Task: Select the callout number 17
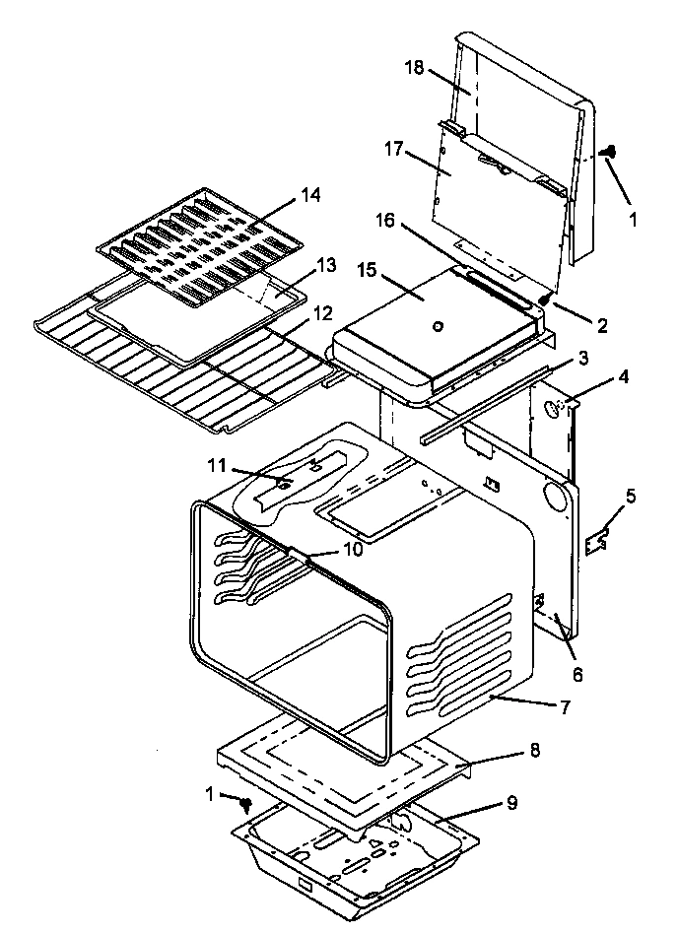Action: (395, 149)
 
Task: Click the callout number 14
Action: (310, 196)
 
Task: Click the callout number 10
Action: (351, 548)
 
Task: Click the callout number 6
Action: (577, 675)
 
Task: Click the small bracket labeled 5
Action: (596, 540)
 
